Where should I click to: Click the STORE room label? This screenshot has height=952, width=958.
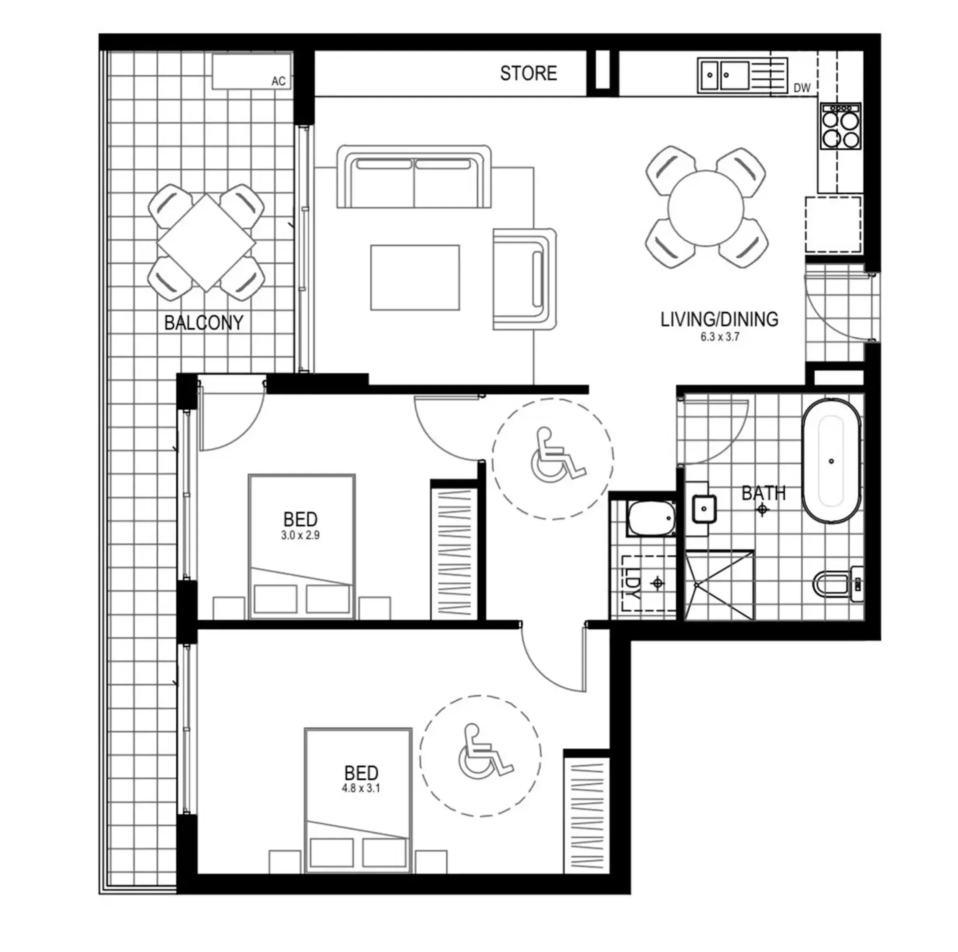pos(528,73)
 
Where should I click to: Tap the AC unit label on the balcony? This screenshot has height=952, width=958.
pos(278,81)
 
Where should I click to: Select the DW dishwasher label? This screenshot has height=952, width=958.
pos(801,88)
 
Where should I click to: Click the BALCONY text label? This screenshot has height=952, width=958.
pos(204,323)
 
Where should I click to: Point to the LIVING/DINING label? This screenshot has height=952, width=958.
pos(719,320)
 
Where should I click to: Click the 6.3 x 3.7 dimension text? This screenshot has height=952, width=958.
pos(719,337)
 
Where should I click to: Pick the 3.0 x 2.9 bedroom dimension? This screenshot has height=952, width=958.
pos(300,535)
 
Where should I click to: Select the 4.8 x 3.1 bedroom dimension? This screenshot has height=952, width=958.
pos(360,789)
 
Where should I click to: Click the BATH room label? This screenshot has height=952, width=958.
pos(763,493)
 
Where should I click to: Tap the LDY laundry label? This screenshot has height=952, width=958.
pos(632,583)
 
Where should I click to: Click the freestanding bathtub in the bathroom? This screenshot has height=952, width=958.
pos(831,461)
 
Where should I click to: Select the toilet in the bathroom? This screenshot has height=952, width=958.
pos(838,582)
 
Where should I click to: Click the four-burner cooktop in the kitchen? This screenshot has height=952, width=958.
pos(841,126)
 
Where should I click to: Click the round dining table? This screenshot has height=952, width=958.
pos(706,208)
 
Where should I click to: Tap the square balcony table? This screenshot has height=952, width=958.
pos(206,243)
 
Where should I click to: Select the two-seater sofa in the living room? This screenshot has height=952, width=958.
pos(414,177)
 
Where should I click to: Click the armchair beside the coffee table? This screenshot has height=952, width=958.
pos(525,279)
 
